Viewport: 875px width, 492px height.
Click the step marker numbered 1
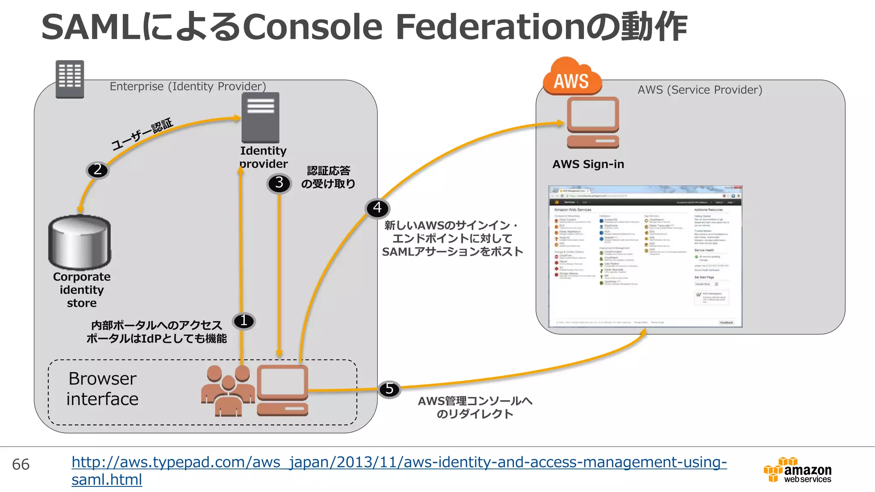click(x=244, y=321)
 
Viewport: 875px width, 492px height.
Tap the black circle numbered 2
click(x=98, y=170)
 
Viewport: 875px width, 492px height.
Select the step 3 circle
click(x=279, y=184)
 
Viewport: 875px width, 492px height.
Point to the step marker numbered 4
click(x=377, y=208)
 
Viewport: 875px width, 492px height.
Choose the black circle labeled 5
click(x=389, y=389)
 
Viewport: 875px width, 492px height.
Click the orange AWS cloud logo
click(x=572, y=77)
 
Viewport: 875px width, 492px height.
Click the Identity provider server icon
click(x=260, y=117)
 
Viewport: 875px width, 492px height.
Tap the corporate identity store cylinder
click(x=80, y=242)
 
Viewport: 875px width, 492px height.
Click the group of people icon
click(x=228, y=391)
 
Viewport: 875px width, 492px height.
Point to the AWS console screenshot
click(x=645, y=256)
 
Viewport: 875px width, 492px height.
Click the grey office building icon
click(x=70, y=79)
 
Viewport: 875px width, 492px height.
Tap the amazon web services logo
click(x=798, y=470)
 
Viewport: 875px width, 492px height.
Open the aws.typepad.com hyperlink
click(x=399, y=463)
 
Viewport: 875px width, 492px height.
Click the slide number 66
click(x=21, y=465)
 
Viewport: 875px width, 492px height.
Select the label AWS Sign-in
click(x=588, y=164)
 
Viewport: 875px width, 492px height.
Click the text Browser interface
click(x=103, y=389)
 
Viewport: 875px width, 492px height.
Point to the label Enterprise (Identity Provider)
click(x=188, y=87)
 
